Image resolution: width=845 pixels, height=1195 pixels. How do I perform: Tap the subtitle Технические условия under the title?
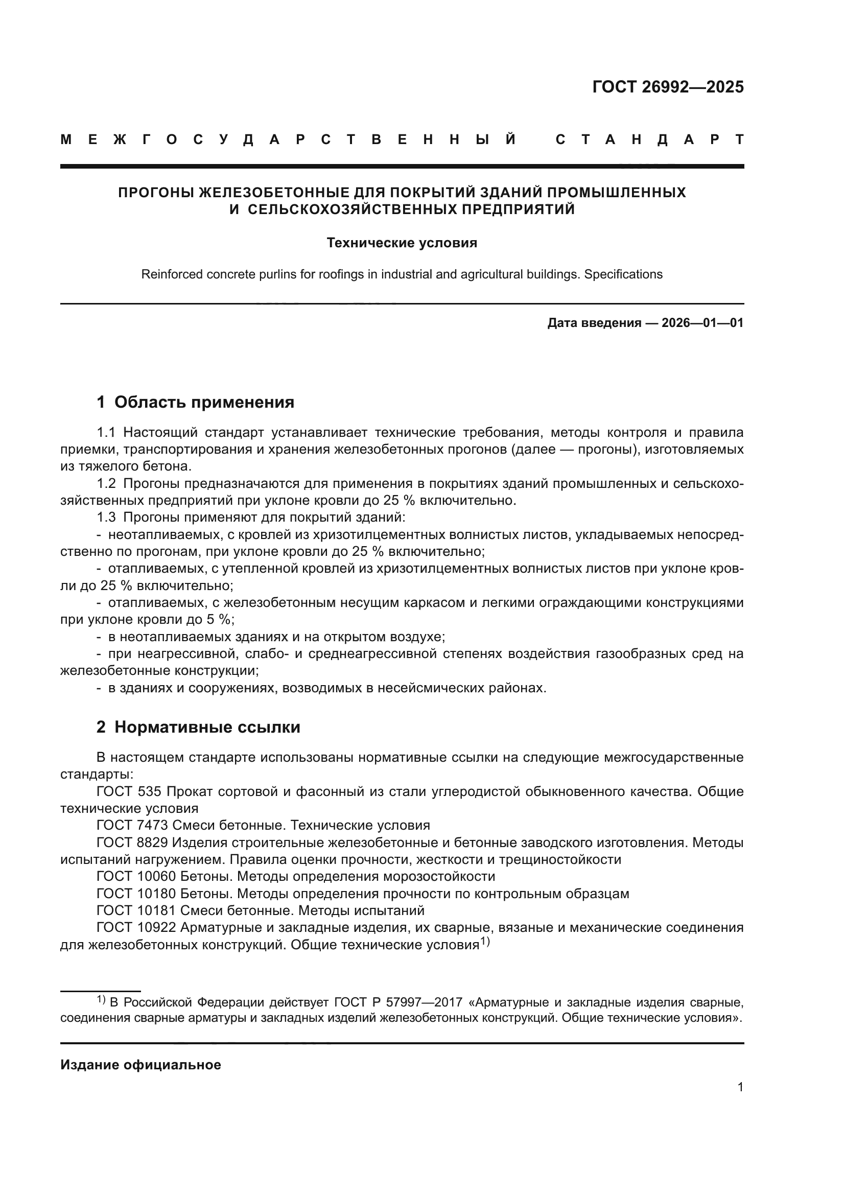tap(402, 243)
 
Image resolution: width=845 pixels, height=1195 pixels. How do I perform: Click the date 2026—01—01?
tap(702, 323)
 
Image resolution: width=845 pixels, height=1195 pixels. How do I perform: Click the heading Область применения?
tap(204, 402)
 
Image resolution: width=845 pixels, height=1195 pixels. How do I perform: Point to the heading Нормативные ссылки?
tap(207, 727)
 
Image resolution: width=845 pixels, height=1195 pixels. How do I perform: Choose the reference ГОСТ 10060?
tap(136, 877)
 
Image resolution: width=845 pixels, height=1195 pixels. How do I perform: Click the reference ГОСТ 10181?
tap(136, 910)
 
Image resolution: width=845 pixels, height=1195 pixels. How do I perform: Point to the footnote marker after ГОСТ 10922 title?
tap(484, 942)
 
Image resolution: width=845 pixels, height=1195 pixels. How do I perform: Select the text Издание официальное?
tap(140, 1065)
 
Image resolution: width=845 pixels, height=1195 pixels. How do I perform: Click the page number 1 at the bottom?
tap(740, 1087)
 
